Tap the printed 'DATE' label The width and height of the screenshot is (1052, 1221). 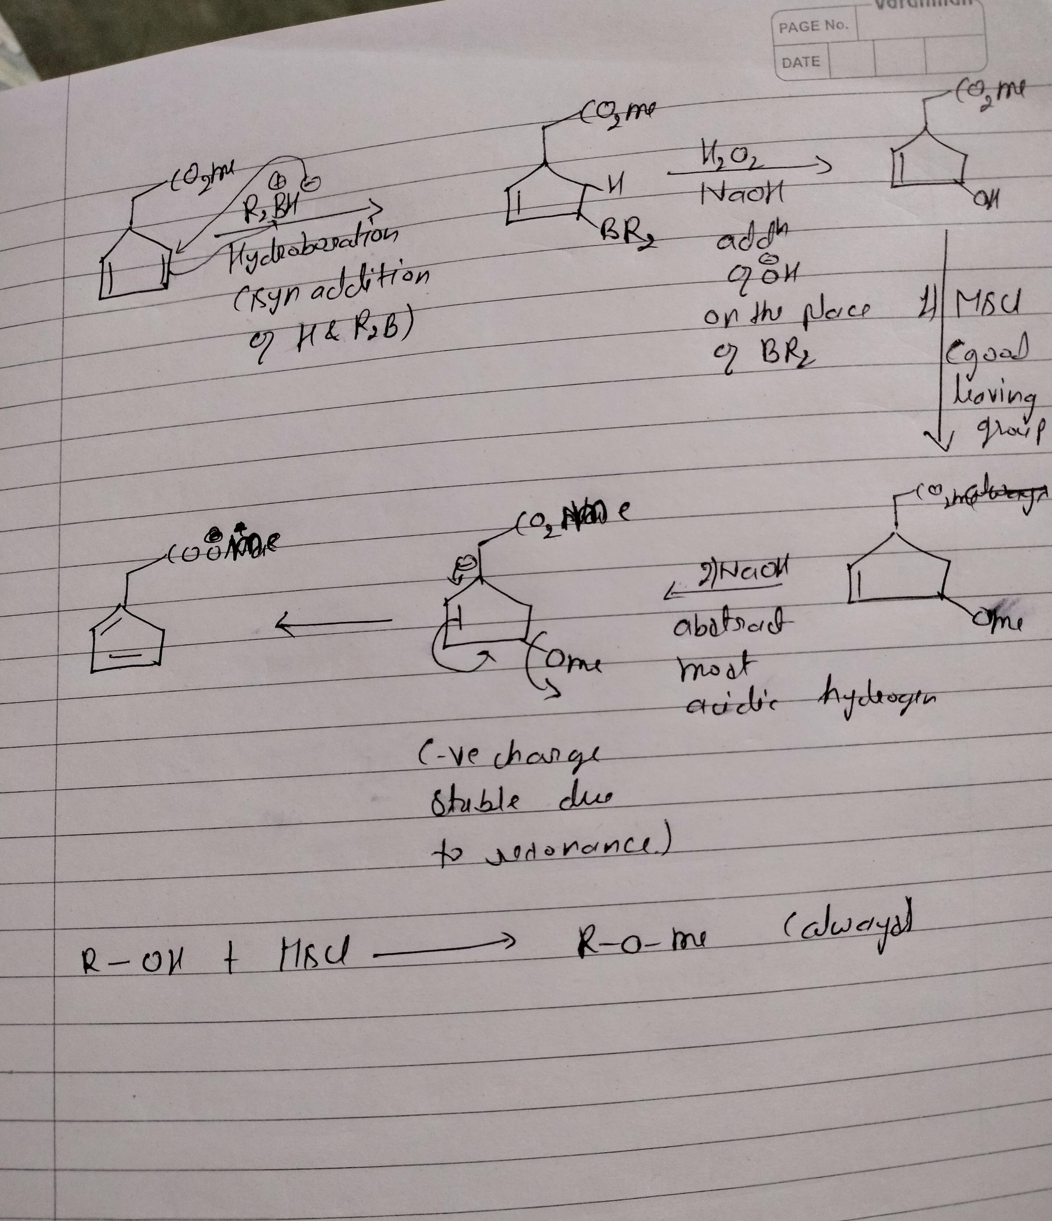click(800, 62)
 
